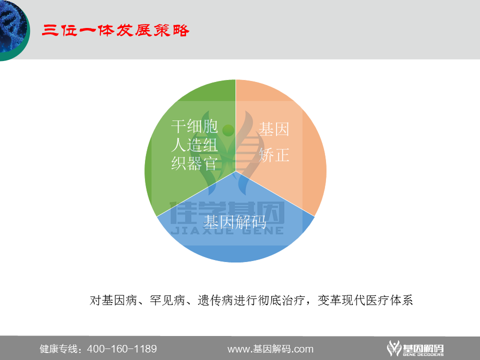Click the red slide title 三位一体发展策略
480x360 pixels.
(x=115, y=30)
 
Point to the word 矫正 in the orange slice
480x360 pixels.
(x=274, y=155)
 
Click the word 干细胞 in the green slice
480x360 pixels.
(x=194, y=126)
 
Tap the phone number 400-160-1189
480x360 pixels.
(x=122, y=349)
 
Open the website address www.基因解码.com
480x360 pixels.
(x=270, y=349)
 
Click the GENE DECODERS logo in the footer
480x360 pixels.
(x=415, y=348)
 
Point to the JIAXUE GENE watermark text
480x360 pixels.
(x=227, y=230)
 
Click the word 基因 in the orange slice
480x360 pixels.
(x=274, y=130)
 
